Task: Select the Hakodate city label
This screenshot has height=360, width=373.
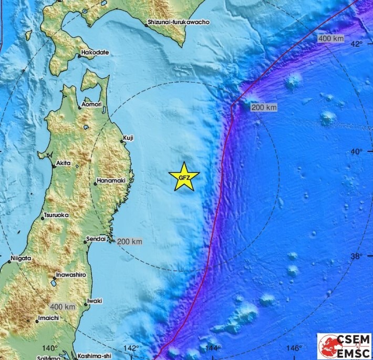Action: click(x=95, y=53)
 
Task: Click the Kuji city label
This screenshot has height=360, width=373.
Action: click(x=128, y=138)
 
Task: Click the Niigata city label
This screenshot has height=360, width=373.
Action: click(x=21, y=259)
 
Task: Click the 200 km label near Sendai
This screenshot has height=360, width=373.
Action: click(x=129, y=242)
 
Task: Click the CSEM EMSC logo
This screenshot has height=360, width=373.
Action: click(x=344, y=346)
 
